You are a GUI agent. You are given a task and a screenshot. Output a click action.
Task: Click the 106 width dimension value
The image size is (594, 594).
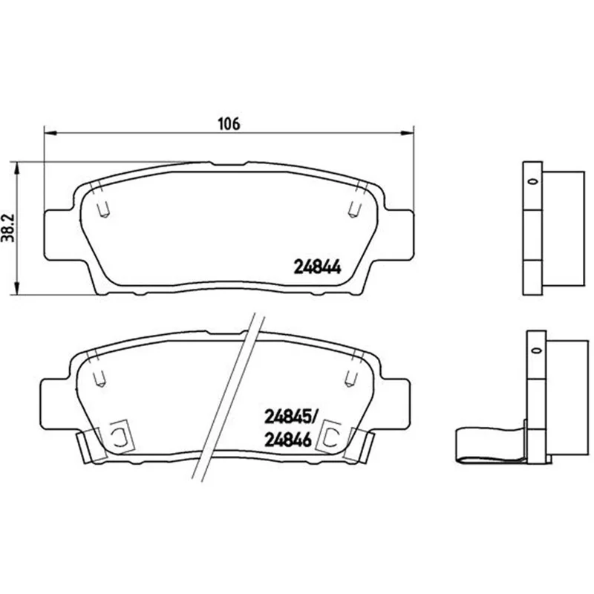(229, 124)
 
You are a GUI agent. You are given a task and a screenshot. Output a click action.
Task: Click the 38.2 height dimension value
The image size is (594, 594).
(7, 228)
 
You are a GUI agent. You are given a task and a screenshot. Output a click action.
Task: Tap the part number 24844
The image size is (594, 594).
(318, 267)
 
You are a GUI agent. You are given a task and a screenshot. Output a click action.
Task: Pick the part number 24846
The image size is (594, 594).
(288, 440)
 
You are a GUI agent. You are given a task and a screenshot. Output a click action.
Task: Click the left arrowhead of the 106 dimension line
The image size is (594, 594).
(50, 133)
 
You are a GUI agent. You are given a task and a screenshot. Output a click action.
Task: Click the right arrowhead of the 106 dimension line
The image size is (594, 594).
(408, 133)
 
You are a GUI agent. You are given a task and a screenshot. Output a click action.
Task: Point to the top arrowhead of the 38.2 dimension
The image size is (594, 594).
(16, 169)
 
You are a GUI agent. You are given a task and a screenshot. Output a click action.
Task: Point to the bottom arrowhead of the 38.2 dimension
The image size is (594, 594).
(16, 289)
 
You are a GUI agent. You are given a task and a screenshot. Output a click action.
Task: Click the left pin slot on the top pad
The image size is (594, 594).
(103, 209)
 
